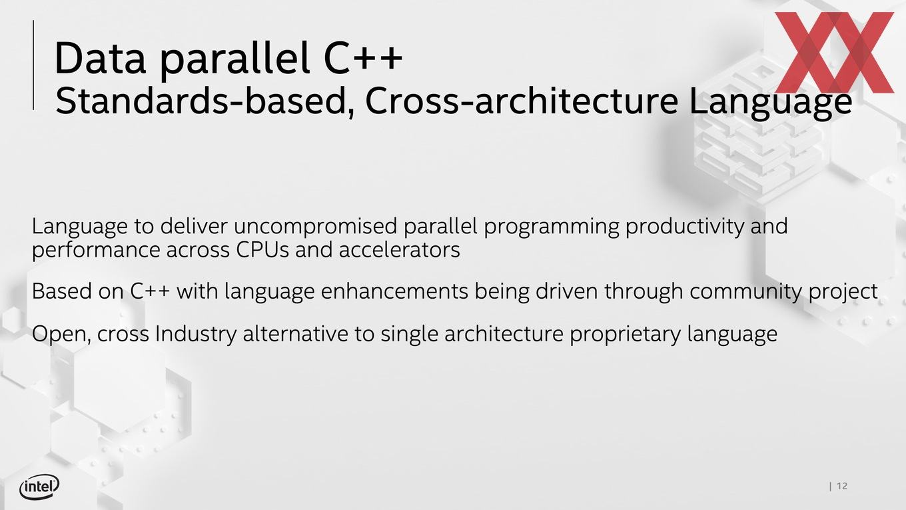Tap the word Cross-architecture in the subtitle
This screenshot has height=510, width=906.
coord(522,101)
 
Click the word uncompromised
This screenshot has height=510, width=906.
coord(316,227)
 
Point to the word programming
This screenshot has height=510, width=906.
coord(552,227)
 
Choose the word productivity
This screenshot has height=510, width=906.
coord(684,227)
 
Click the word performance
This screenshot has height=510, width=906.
coord(96,251)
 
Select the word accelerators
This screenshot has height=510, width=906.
coord(399,250)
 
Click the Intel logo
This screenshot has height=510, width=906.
coord(39,487)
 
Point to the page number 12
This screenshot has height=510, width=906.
coord(842,486)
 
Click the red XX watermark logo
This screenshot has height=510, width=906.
coord(834,52)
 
